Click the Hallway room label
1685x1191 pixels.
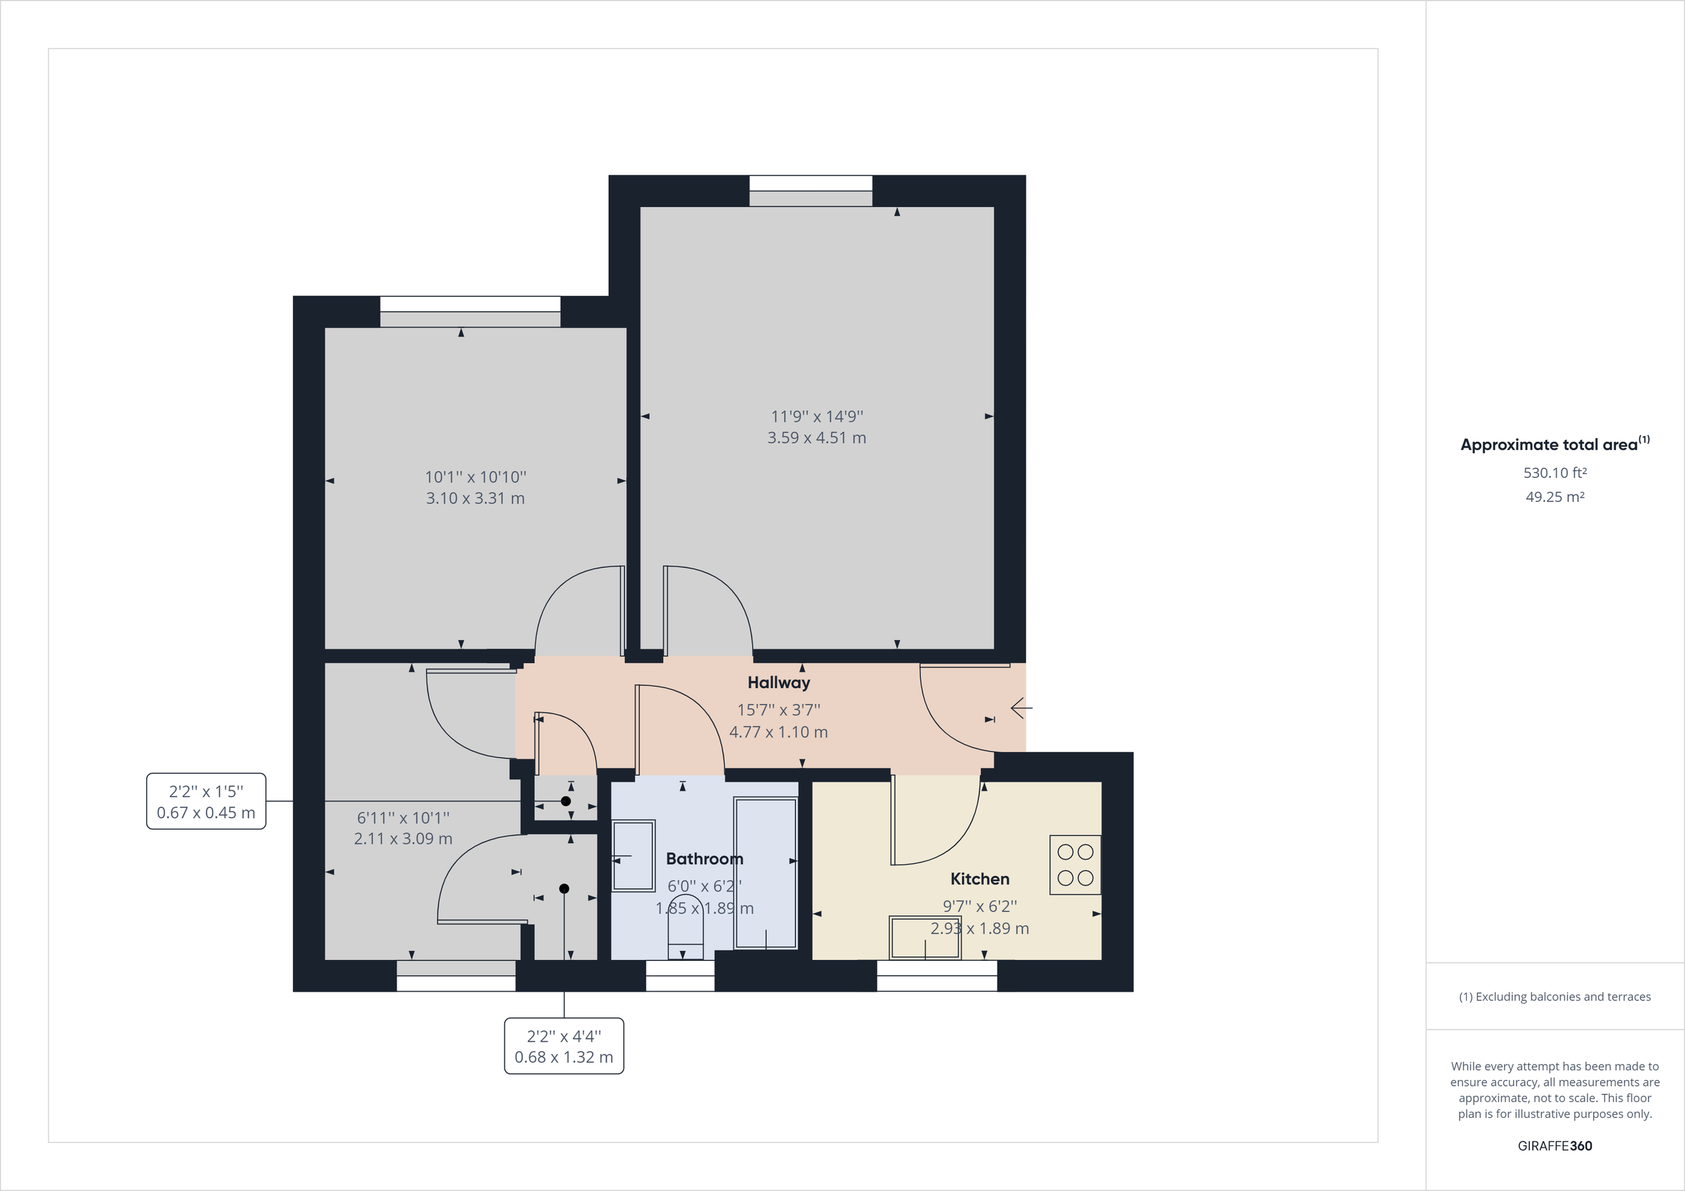click(779, 682)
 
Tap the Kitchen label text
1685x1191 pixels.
click(979, 879)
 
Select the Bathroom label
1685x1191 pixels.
click(703, 858)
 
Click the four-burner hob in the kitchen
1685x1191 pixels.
click(1075, 865)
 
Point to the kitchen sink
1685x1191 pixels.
click(925, 937)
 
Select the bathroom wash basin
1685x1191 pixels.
click(633, 856)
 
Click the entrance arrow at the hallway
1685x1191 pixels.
click(1021, 708)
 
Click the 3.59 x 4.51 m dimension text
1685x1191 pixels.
click(817, 438)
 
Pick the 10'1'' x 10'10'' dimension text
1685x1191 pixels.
click(475, 477)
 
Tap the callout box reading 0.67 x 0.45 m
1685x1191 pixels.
click(206, 801)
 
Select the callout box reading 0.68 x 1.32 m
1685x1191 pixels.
click(564, 1046)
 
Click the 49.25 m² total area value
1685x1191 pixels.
click(1554, 497)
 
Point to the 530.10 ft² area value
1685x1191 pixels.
click(1554, 473)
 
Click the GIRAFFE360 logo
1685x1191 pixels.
click(1554, 1145)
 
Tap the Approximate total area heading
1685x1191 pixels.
click(1554, 444)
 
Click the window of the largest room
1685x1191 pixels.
click(810, 191)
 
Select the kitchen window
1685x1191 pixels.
click(937, 976)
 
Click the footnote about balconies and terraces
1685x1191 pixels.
click(1554, 997)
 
